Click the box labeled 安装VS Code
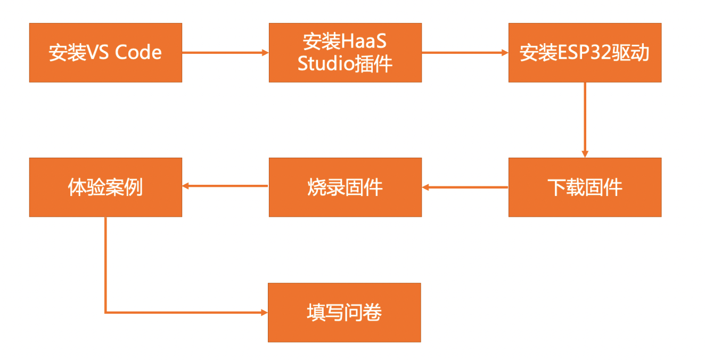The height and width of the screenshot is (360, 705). (105, 53)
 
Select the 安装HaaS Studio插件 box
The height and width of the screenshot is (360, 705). (345, 53)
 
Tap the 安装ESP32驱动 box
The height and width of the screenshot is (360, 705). (585, 53)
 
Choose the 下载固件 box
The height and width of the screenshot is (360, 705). (585, 187)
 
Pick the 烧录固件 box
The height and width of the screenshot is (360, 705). (345, 187)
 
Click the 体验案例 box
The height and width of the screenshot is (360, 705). (105, 187)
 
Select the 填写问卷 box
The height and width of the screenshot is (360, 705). (344, 312)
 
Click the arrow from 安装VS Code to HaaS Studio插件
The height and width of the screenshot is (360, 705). (225, 53)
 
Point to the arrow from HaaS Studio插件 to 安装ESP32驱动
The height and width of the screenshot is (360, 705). (465, 53)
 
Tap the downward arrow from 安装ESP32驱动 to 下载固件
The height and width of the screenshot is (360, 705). (585, 120)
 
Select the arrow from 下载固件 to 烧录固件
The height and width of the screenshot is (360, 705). (465, 187)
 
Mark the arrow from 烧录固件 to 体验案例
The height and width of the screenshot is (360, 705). (225, 187)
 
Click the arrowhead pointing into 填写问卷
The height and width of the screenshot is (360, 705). (264, 313)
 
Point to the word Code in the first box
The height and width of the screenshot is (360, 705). (138, 53)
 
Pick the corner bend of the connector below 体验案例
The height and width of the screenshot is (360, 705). (105, 313)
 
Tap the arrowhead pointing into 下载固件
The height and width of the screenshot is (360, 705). (585, 154)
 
